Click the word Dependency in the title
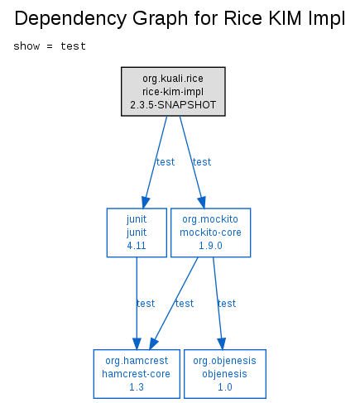(70, 19)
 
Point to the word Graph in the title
(160, 19)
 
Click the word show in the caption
(26, 46)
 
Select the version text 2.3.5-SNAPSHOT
(173, 105)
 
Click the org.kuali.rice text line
(173, 79)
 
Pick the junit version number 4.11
(137, 246)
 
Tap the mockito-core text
(210, 233)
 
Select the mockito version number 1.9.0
(210, 246)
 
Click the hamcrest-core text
(137, 374)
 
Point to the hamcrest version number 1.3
(137, 387)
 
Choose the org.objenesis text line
(224, 361)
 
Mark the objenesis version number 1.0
(225, 387)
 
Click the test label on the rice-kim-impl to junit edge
(166, 162)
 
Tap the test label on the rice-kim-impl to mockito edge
(202, 162)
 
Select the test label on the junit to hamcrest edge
(146, 304)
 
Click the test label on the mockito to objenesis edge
(227, 304)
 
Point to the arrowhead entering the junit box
(145, 202)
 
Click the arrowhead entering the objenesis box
(222, 343)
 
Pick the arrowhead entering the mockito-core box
(202, 202)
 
